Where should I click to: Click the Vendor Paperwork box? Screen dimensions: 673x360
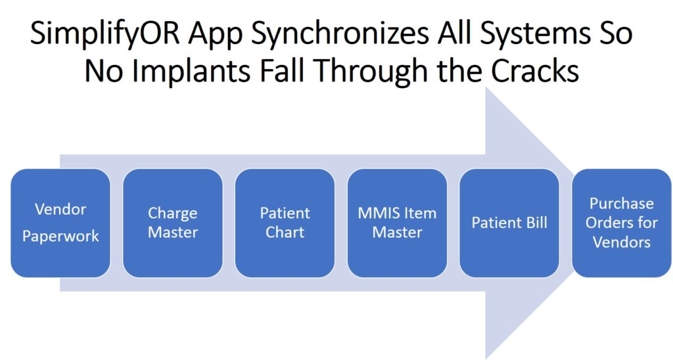(x=60, y=223)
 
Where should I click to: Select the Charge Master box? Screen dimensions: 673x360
(x=173, y=223)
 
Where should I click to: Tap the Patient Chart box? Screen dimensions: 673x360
(x=285, y=223)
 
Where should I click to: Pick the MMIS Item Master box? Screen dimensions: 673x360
(x=397, y=223)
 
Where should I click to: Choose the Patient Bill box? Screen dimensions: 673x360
(x=509, y=223)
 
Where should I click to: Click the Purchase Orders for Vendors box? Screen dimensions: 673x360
(x=622, y=223)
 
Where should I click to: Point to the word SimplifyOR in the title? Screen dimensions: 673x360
(x=105, y=34)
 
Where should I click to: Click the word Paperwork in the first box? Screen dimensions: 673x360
(x=60, y=236)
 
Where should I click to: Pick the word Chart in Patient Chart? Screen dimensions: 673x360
(x=285, y=232)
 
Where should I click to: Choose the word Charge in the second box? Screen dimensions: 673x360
(x=173, y=214)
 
